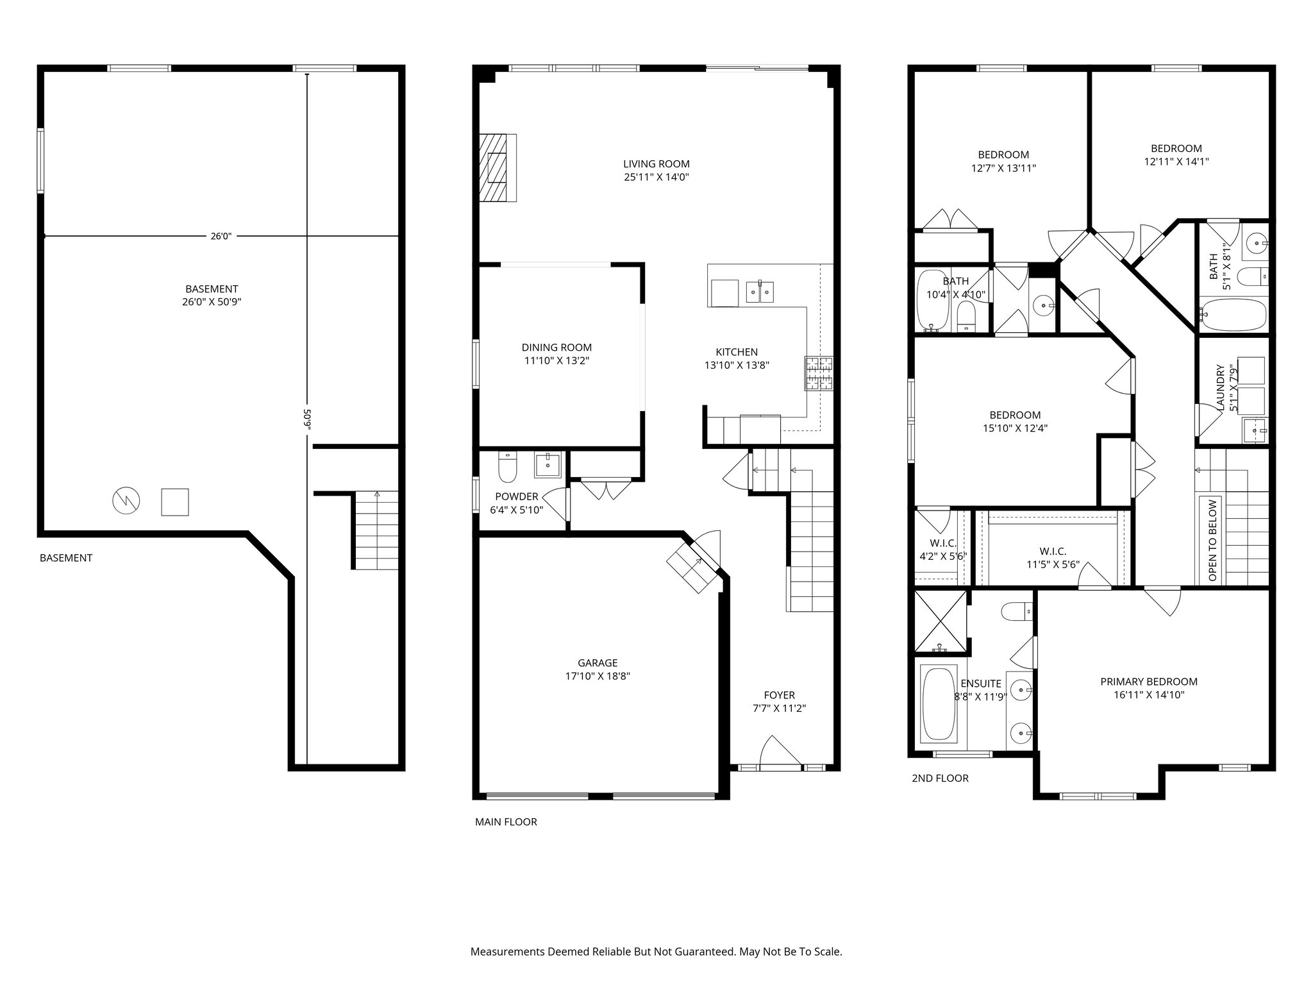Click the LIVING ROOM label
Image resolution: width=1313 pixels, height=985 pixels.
(656, 164)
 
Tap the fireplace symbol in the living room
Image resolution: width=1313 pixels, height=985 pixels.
(498, 168)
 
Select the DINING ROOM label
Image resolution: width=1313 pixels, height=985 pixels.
(556, 348)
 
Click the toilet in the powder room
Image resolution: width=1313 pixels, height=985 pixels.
(507, 468)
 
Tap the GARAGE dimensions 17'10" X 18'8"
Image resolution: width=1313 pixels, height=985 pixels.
(598, 676)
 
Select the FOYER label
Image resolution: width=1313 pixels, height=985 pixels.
(779, 695)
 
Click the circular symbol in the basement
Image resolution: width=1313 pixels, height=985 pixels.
(126, 501)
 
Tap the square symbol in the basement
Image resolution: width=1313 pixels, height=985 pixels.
(174, 501)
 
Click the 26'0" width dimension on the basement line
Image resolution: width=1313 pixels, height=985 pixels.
(221, 236)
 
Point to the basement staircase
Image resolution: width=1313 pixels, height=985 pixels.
(376, 529)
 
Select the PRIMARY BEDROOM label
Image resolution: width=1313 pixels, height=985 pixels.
(1148, 682)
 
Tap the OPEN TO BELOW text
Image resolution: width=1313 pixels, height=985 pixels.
(1212, 540)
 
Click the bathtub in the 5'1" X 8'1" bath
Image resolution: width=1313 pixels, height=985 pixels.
(1233, 315)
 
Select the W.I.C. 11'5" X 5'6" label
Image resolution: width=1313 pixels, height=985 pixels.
(1053, 551)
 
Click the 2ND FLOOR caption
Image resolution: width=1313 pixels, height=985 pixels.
(940, 779)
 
